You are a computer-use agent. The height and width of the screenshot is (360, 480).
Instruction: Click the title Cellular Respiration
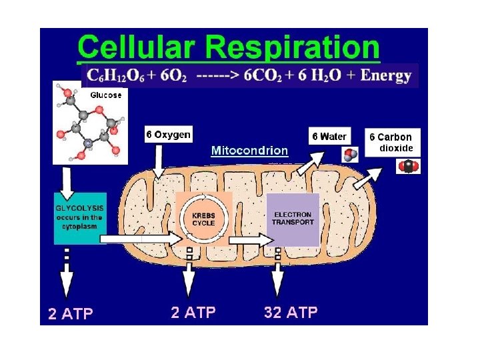coord(229,47)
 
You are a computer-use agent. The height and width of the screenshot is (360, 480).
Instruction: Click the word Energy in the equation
coord(385,75)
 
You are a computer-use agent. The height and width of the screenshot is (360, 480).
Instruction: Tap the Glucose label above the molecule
coord(106,95)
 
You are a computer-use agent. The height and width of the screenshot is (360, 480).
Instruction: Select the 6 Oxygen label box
coord(169,135)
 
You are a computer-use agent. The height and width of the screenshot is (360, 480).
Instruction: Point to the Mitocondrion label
coord(249,151)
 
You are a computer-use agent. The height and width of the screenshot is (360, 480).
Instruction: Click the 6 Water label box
coord(329,136)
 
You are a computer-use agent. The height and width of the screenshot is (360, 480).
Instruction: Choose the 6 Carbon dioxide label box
coord(391,142)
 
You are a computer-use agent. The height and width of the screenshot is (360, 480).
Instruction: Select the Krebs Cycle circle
coord(203,219)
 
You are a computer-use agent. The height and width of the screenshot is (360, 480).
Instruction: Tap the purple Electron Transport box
coord(293,219)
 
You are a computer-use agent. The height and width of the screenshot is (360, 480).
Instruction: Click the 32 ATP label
coord(291,312)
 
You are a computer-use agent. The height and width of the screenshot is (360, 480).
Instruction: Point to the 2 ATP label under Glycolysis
coord(71,314)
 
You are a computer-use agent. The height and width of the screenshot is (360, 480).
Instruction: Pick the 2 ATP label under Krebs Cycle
coord(193,312)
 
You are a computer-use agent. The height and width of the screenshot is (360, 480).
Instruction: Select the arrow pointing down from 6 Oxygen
coord(159,160)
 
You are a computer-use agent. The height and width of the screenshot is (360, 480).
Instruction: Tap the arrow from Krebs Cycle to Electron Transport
coord(248,238)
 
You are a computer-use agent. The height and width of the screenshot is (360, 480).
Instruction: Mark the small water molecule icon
coord(349,155)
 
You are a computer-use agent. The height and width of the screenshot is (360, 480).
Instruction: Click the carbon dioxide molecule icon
coord(408,166)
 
